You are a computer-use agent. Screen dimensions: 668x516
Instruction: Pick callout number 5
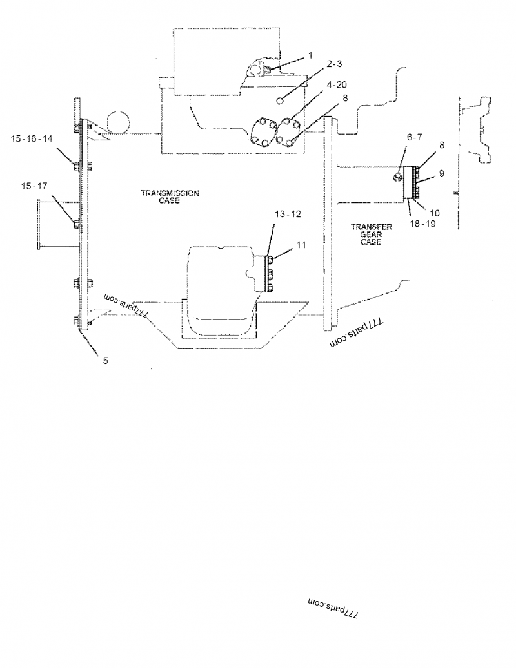pos(105,361)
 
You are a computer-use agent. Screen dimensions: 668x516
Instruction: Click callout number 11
pos(302,245)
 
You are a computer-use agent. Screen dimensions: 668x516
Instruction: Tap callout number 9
pos(441,173)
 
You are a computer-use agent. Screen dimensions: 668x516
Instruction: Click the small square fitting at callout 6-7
pos(399,175)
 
